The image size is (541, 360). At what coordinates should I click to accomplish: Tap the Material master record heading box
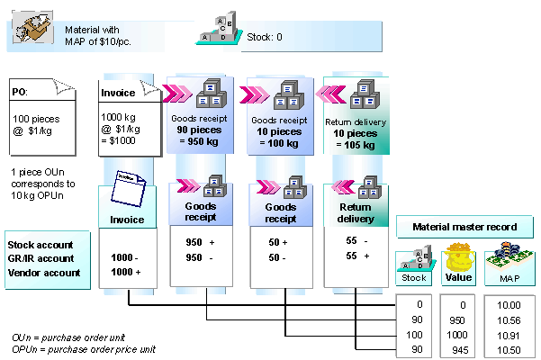click(465, 227)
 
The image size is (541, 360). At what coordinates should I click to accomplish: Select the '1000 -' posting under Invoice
click(123, 257)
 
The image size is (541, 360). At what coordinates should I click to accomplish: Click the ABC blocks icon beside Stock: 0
click(218, 29)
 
